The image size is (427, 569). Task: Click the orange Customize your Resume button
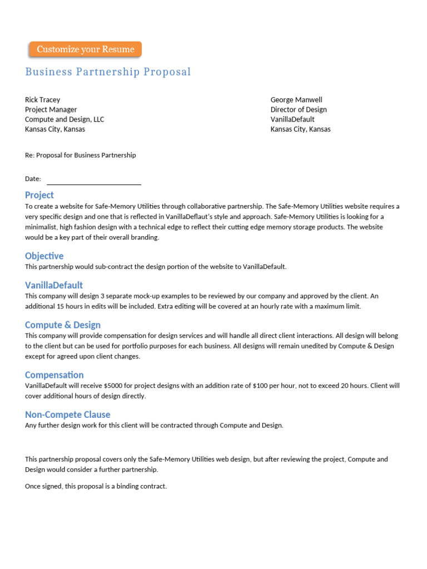[85, 49]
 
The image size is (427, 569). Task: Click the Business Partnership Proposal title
[108, 72]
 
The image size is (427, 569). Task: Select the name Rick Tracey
[42, 100]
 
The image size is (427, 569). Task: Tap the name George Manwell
[296, 100]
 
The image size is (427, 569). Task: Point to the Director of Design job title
[299, 110]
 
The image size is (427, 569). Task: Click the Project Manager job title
[51, 110]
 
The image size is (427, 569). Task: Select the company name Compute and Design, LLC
[64, 119]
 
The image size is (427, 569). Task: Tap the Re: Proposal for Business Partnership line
[80, 155]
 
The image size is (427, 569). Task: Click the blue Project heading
[39, 195]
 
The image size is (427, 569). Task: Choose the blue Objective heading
[44, 256]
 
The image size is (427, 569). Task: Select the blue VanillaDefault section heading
[54, 286]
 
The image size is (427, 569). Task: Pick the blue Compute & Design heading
[63, 325]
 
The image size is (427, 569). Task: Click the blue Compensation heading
[54, 375]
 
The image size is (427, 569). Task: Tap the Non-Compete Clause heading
[68, 415]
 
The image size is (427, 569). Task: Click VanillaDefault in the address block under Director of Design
[292, 119]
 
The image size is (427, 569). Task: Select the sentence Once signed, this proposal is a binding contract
[96, 486]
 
